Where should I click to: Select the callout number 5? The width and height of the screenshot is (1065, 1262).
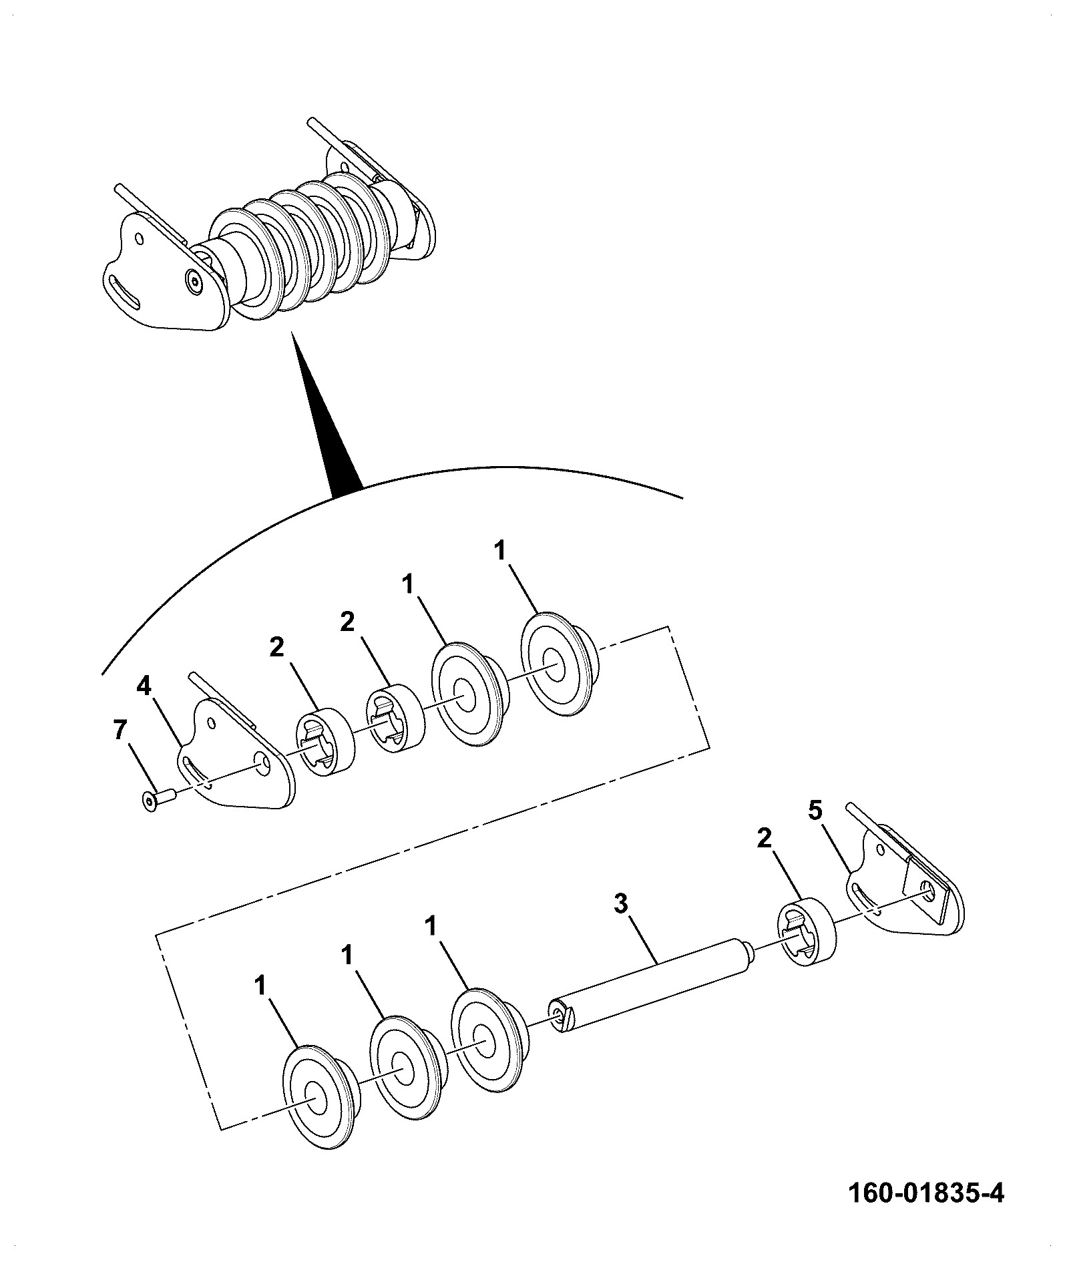tap(815, 811)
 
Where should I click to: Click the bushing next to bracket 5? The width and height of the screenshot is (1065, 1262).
tap(807, 931)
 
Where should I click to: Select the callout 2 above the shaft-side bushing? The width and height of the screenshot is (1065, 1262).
tap(764, 839)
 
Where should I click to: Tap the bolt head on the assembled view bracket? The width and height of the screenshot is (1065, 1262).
tap(194, 282)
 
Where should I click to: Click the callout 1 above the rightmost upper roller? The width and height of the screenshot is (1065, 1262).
tap(500, 552)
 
